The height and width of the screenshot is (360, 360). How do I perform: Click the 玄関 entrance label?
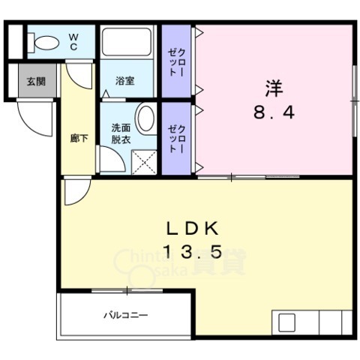[36, 82]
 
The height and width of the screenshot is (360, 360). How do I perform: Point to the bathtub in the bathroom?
[127, 43]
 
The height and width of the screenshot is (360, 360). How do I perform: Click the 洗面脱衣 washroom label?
[120, 133]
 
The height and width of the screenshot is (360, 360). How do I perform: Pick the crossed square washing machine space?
[144, 161]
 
